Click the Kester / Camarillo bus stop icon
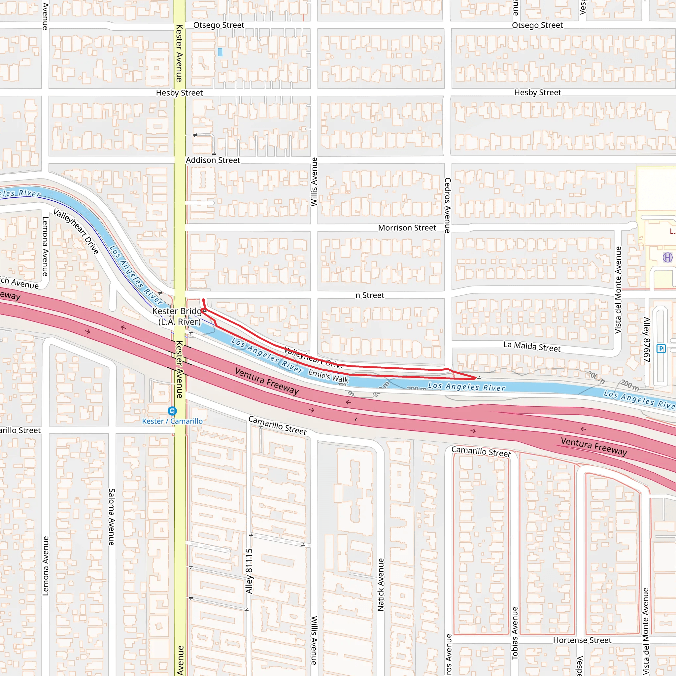coord(172,411)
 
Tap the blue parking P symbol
coord(661,349)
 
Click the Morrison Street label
coord(407,228)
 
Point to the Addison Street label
coord(213,160)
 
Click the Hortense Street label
coord(582,640)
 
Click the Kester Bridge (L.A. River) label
coord(180,316)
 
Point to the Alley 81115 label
coord(249,571)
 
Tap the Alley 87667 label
coord(647,339)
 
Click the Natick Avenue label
coord(381,584)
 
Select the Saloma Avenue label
coord(112,517)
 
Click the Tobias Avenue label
coord(514,633)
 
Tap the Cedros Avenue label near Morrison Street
coord(448,205)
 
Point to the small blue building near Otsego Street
coord(220,52)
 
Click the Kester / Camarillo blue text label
coord(172,421)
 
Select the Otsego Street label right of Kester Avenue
coord(219,25)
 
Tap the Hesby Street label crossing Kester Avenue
coord(179,93)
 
